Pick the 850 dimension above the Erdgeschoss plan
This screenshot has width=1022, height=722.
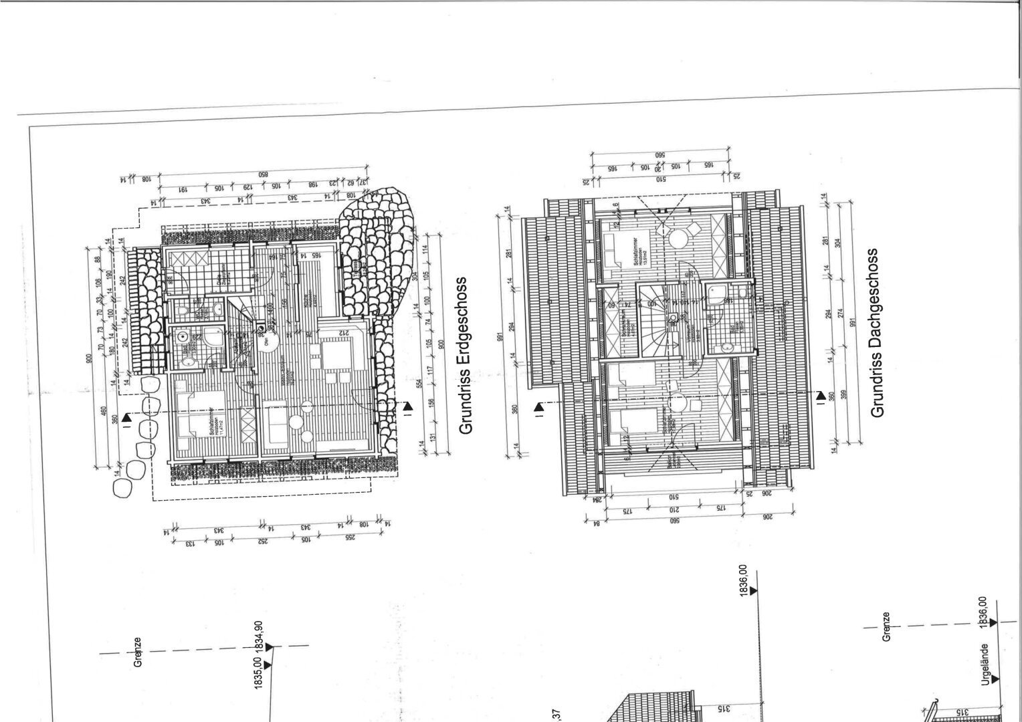pyautogui.click(x=264, y=173)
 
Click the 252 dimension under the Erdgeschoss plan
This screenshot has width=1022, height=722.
pyautogui.click(x=263, y=541)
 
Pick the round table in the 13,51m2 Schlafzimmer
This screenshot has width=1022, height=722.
pyautogui.click(x=677, y=237)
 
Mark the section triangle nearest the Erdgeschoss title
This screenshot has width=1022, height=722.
pyautogui.click(x=408, y=406)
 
